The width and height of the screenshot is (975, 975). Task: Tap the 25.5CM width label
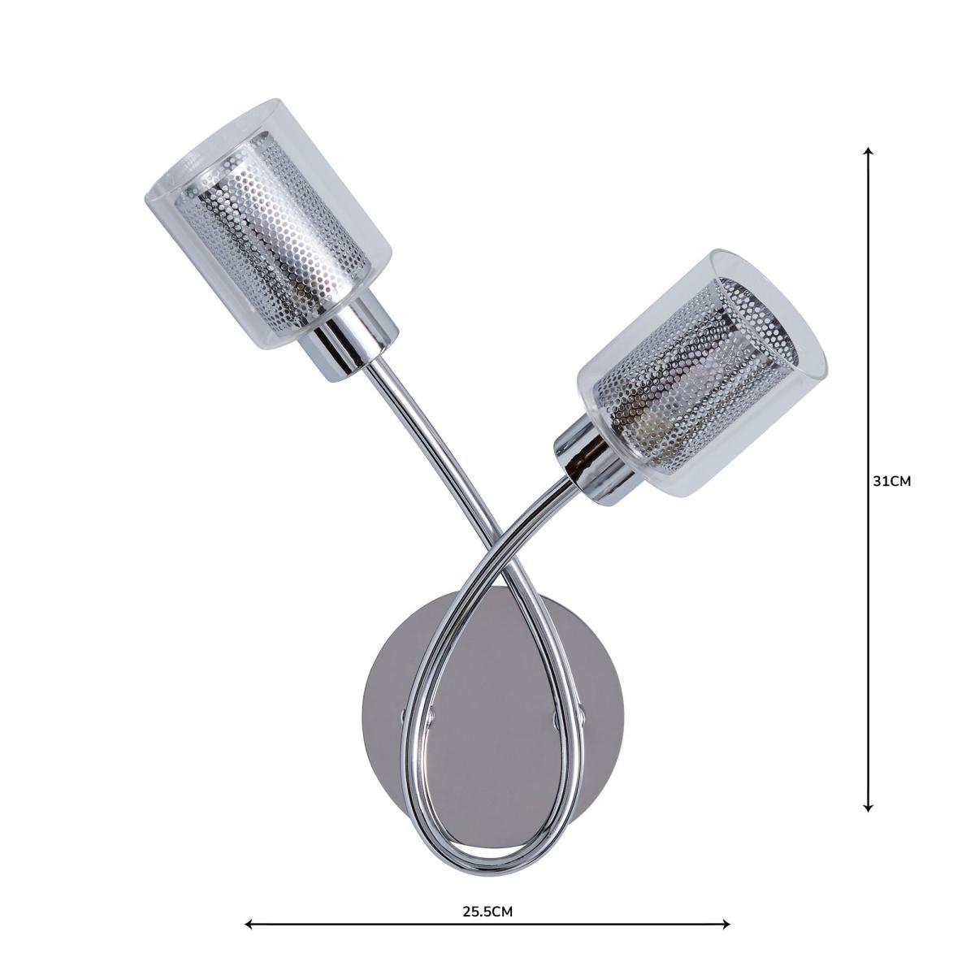click(487, 897)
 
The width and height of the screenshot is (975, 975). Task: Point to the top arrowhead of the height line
click(869, 150)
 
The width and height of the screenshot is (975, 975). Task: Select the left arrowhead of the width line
click(249, 924)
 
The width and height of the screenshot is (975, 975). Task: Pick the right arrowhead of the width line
click(726, 924)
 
